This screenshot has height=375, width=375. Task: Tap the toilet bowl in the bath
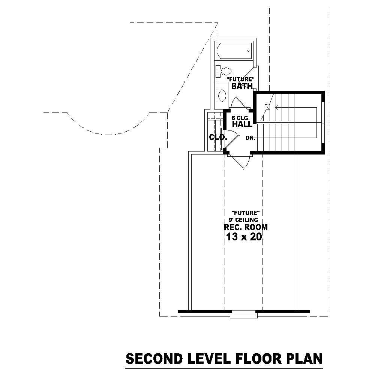tap(226, 70)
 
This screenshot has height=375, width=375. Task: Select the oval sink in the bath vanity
tap(222, 95)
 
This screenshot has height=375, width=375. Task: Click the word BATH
tap(242, 86)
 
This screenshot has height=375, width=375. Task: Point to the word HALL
tap(242, 124)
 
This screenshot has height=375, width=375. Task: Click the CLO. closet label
tap(218, 137)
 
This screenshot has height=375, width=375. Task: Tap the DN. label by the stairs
tap(250, 138)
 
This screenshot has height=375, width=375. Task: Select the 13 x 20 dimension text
tap(244, 237)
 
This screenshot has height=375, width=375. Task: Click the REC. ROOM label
tap(246, 228)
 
